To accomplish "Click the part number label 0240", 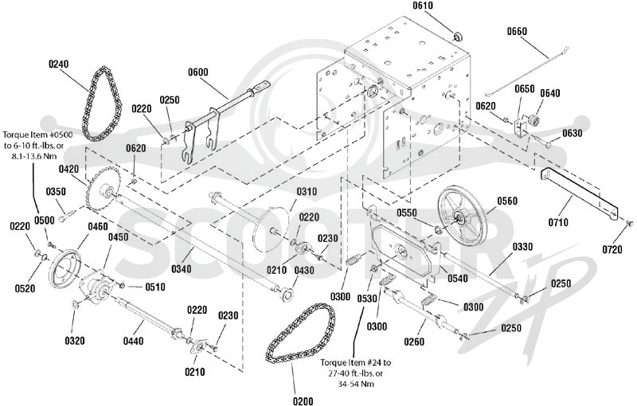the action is pos(58,64).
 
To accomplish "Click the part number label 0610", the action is pos(423,6).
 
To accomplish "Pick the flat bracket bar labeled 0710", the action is pos(579,193).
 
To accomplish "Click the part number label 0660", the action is pos(517,31).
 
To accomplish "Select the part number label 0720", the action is pos(612,249).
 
